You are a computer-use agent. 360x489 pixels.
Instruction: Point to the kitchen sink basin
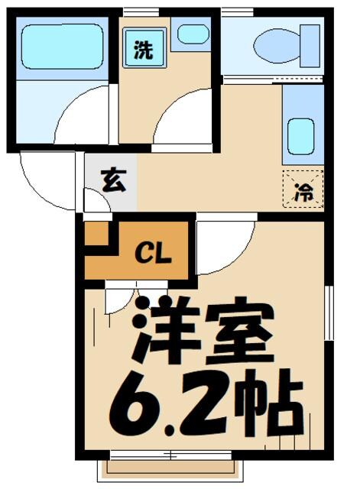click(x=301, y=135)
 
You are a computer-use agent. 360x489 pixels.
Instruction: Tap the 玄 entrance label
click(x=112, y=184)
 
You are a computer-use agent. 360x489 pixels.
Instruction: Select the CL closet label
click(x=154, y=253)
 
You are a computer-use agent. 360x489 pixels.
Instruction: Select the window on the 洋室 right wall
click(x=328, y=313)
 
